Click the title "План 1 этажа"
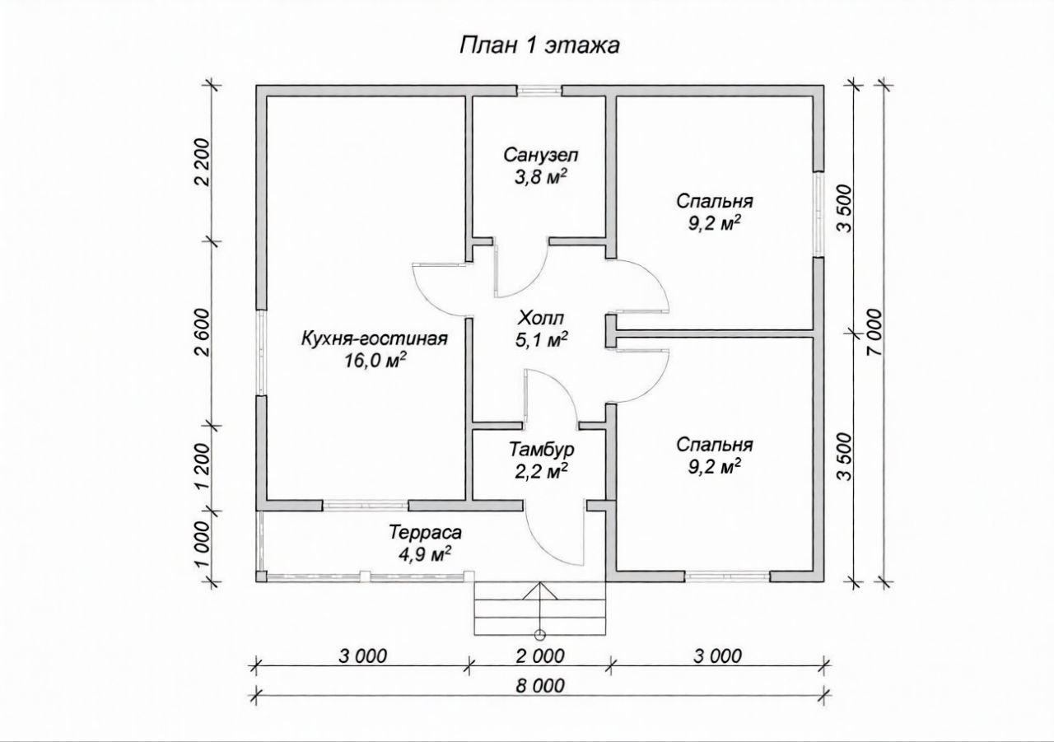point(539,45)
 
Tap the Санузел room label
point(541,155)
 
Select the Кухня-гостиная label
point(375,338)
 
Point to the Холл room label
point(541,319)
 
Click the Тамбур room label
point(542,450)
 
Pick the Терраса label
point(426,533)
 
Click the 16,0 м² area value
point(375,361)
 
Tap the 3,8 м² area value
point(540,177)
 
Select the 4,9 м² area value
point(425,555)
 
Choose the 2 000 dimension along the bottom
point(540,656)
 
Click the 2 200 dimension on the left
point(203,162)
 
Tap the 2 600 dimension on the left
point(203,333)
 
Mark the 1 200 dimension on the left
point(203,467)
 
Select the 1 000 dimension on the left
point(203,544)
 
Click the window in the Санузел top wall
point(539,91)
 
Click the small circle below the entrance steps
point(539,635)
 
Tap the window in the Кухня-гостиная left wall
point(262,352)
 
